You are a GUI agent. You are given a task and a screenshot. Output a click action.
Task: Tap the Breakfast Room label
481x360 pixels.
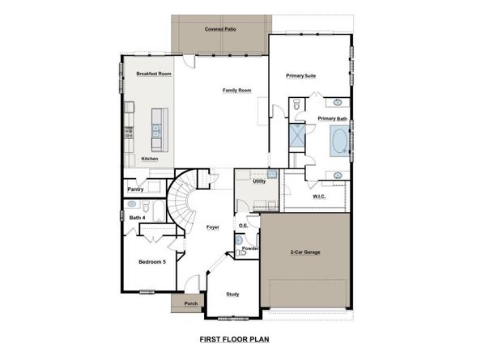153,74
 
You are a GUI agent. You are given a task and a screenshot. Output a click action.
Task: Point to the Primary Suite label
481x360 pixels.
300,75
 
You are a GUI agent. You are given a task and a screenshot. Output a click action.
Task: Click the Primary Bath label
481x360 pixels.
332,119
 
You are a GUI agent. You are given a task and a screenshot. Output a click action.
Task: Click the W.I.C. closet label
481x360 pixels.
319,196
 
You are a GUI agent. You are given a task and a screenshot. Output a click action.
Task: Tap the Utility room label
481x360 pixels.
259,181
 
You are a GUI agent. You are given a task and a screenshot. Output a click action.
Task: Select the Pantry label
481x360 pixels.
136,189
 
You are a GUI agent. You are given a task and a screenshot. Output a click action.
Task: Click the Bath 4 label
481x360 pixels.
138,217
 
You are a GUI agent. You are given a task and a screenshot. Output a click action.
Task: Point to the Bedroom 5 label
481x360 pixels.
151,262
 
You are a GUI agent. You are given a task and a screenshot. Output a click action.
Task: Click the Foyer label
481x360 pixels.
213,227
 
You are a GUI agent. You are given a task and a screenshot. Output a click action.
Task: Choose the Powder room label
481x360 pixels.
250,248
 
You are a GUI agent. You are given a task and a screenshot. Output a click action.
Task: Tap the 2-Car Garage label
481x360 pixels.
304,252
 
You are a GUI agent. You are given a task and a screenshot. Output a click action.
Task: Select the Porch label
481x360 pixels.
191,304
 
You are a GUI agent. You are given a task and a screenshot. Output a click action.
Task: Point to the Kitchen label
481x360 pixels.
150,159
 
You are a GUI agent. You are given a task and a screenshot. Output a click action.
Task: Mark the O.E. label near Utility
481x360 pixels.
243,225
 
